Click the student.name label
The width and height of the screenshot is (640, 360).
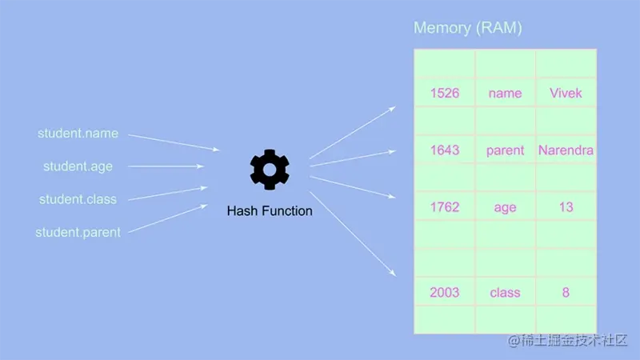coord(78,134)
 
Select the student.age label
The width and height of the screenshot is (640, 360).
coord(78,166)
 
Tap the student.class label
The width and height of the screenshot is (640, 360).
coord(78,199)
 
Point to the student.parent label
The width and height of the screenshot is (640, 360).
coord(78,233)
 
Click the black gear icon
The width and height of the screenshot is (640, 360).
coord(270,169)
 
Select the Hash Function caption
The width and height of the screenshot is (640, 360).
coord(270,211)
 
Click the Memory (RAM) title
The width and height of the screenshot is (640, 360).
coord(467,28)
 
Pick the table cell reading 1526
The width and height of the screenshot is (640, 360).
coord(445,93)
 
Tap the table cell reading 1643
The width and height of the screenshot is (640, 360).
coord(445,150)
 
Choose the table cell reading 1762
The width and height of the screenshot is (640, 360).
coord(445,207)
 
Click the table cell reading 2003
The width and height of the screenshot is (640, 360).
coord(445,292)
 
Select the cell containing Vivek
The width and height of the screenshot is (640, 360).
coord(566,93)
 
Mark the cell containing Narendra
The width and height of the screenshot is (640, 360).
coord(566,150)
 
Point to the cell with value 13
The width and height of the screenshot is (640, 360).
coord(566,207)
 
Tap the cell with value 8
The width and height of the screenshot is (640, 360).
coord(566,292)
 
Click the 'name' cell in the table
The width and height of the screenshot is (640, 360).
coord(505,93)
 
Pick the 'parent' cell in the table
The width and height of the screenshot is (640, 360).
coord(505,150)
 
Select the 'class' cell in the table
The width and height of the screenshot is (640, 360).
coord(505,292)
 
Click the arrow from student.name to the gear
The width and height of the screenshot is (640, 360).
coord(174,142)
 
